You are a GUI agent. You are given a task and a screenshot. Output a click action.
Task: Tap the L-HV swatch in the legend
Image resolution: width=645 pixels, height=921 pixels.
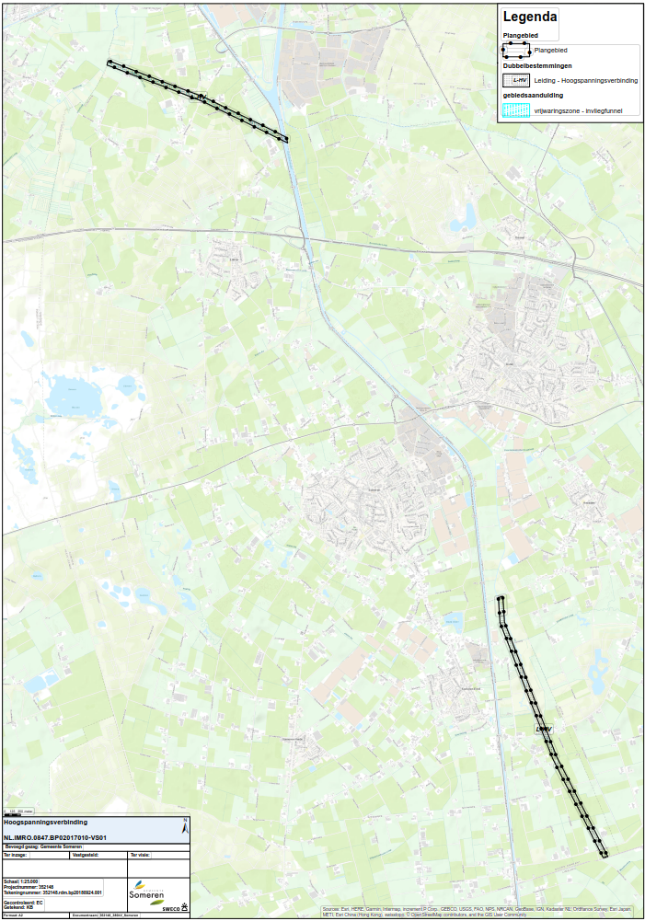[x=515, y=81]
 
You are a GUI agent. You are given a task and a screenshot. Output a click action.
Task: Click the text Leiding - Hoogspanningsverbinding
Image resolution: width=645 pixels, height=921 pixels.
[x=585, y=81]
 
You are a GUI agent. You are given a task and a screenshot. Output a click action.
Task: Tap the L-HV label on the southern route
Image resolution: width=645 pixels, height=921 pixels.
[x=543, y=729]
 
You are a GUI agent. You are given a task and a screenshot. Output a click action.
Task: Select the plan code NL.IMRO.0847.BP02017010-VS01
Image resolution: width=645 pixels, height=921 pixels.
[x=55, y=837]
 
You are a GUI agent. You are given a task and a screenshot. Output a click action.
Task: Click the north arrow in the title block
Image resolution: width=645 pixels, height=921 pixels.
[x=186, y=826]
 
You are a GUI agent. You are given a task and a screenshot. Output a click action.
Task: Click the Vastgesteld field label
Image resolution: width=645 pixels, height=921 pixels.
[x=85, y=855]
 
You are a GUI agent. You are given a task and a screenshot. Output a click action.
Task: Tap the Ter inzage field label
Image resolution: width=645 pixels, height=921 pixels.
[x=18, y=855]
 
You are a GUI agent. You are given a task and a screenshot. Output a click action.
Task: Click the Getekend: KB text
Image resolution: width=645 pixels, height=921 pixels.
[x=18, y=907]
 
